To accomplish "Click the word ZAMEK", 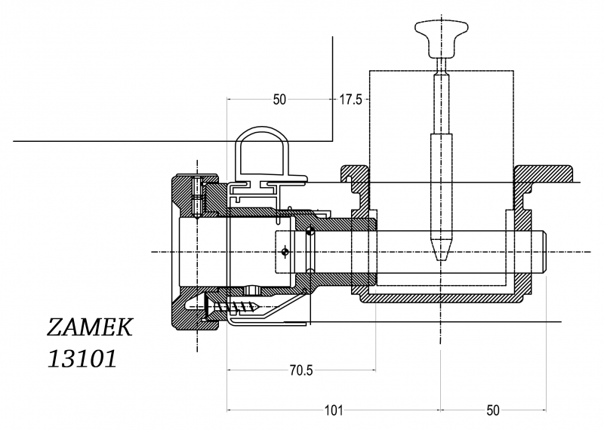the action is click(89, 327).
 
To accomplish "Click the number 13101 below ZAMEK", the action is click(82, 359).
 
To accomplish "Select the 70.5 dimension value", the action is click(301, 370).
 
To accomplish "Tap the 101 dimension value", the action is click(334, 410).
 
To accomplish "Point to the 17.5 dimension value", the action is click(350, 100).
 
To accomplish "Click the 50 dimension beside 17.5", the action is click(279, 100).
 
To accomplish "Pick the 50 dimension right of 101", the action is click(493, 410).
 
